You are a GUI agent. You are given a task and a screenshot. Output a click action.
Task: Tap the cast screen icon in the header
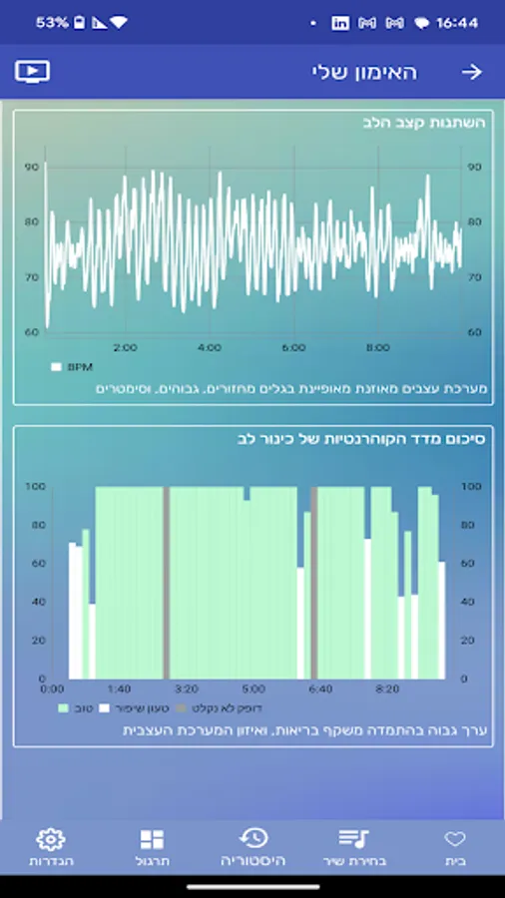pos(32,72)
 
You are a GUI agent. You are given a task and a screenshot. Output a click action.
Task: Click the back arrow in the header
pos(471,72)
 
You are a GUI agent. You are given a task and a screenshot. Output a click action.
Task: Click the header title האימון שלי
pos(364,72)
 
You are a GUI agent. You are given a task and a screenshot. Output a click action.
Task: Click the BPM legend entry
pos(72,366)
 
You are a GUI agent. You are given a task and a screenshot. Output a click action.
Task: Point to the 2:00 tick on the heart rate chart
pos(125,347)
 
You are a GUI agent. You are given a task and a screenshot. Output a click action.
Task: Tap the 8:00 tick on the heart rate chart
pos(377,347)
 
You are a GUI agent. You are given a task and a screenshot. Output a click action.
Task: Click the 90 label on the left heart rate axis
pos(32,168)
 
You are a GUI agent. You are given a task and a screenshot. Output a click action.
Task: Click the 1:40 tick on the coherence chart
pos(119,688)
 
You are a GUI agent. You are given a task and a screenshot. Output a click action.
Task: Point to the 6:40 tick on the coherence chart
pos(320,688)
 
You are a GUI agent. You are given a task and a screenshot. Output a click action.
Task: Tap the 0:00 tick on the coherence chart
pos(52,688)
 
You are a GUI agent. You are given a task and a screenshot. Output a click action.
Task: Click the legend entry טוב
pos(77,708)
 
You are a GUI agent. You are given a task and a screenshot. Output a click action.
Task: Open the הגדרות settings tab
pos(51,847)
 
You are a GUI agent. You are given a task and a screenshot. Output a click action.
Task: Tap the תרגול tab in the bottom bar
pos(152,847)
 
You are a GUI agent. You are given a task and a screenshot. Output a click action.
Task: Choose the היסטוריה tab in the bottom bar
pos(253,847)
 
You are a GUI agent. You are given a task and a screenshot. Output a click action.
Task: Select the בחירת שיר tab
pos(354,847)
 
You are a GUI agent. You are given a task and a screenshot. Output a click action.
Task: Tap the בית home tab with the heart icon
pos(455,847)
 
